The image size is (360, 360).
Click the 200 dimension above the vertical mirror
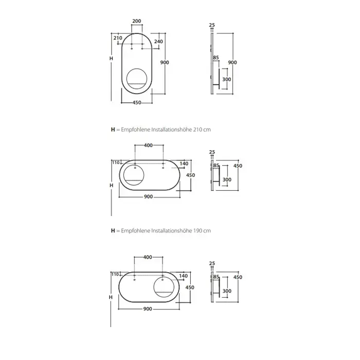(137, 21)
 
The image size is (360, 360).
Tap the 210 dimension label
(118, 38)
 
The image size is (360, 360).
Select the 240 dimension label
(158, 41)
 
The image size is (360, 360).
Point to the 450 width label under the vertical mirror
(137, 103)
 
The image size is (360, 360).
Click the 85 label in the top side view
(216, 58)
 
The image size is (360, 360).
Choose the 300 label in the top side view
(227, 79)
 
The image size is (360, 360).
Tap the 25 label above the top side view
(212, 25)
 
